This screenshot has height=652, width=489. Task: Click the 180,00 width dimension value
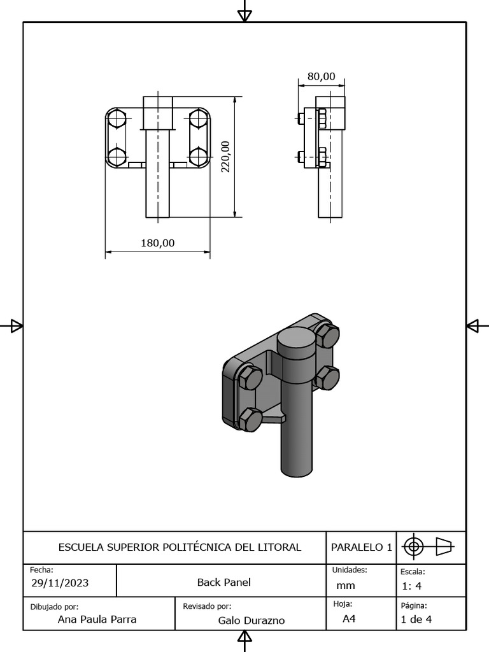pos(157,243)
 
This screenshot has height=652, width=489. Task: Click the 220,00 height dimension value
pos(225,157)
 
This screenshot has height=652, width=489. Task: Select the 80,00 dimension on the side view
pos(321,76)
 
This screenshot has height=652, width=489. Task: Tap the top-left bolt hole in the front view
pos(117,119)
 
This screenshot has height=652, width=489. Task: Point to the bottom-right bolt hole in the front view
pos(199,156)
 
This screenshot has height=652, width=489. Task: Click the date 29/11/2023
pos(60,583)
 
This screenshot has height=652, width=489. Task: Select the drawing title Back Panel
pos(224,582)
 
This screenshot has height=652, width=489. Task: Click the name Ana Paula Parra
pos(97,619)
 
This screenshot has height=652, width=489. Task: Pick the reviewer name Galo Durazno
pos(252,620)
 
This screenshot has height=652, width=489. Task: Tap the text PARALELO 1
pos(361,547)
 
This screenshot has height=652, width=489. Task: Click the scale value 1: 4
pos(411,586)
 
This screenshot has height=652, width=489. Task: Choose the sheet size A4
pos(349,619)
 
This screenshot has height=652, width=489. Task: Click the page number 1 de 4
pos(416,619)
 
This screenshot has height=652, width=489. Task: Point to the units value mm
pos(346,586)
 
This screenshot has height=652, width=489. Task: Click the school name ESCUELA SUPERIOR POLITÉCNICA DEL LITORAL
pos(180,547)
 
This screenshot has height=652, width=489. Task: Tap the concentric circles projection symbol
pos(413,546)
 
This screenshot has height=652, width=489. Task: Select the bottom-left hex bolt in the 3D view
pos(250,420)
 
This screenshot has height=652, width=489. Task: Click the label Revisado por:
pos(207,606)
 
